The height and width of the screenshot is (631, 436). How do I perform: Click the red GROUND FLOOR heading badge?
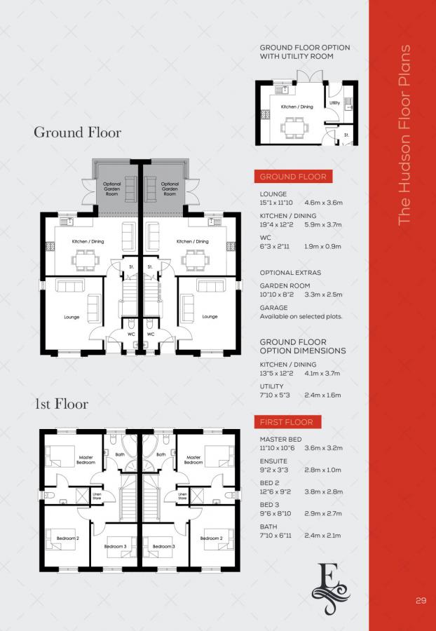click(x=292, y=177)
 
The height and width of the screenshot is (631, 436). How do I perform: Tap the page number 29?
click(x=421, y=600)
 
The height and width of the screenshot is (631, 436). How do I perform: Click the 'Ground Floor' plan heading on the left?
click(x=77, y=132)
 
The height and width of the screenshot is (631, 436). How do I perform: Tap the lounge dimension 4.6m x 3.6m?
click(x=323, y=202)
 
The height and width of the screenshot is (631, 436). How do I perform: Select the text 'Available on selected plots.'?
click(x=301, y=317)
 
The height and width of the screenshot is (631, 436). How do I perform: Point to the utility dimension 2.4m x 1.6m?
click(x=322, y=395)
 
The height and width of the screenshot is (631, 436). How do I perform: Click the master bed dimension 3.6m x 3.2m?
click(x=323, y=447)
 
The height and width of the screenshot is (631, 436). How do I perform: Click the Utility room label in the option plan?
click(x=334, y=103)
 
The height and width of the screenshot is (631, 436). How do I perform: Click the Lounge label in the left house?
click(x=71, y=317)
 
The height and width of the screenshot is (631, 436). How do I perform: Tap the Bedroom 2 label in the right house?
click(x=210, y=538)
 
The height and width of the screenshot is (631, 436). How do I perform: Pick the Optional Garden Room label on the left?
click(x=111, y=189)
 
